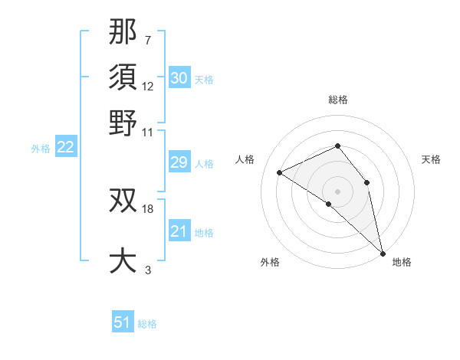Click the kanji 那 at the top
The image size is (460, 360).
tap(123, 31)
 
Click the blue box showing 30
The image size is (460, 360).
tap(179, 78)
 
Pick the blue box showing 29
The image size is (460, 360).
tap(179, 162)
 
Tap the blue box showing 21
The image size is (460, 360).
tap(179, 231)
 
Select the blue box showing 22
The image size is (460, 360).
tap(65, 148)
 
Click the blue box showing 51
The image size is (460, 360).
tap(123, 322)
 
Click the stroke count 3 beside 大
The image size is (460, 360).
tap(148, 270)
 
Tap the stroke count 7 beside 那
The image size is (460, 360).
tap(148, 39)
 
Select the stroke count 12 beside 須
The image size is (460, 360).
tap(148, 86)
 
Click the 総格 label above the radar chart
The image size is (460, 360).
tap(338, 100)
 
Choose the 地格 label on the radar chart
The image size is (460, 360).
tap(402, 262)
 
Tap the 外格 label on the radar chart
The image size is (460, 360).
tap(270, 262)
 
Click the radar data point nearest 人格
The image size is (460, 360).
tap(280, 172)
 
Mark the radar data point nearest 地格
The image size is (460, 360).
tap(383, 252)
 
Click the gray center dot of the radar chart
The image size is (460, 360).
tap(338, 191)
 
